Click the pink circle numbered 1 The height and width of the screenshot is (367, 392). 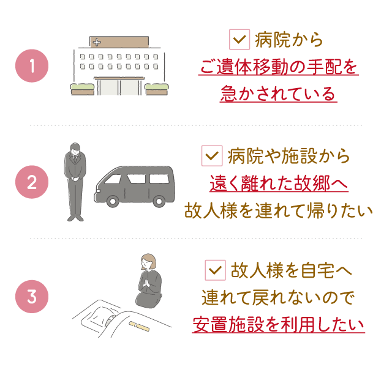pos(32,65)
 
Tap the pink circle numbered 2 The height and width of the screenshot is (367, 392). pos(32,182)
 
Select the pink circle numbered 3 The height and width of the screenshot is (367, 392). pos(32,297)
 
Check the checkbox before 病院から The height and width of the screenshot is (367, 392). pos(239,39)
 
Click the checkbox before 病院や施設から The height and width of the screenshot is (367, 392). pos(212,156)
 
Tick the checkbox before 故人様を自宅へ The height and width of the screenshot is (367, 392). pos(215,270)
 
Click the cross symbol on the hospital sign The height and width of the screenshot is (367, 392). pos(97,42)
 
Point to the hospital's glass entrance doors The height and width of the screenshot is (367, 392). pos(119,87)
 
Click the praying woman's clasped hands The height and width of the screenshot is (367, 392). pos(147,283)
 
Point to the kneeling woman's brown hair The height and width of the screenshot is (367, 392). pos(148,261)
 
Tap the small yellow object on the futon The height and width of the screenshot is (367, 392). pos(139,326)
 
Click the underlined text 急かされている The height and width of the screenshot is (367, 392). pos(278,94)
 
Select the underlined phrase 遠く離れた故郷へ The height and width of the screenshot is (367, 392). pos(279,183)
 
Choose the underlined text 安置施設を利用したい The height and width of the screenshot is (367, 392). pos(278,324)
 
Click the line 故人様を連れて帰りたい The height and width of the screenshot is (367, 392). pos(278,210)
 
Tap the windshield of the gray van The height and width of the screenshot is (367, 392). pos(113,179)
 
